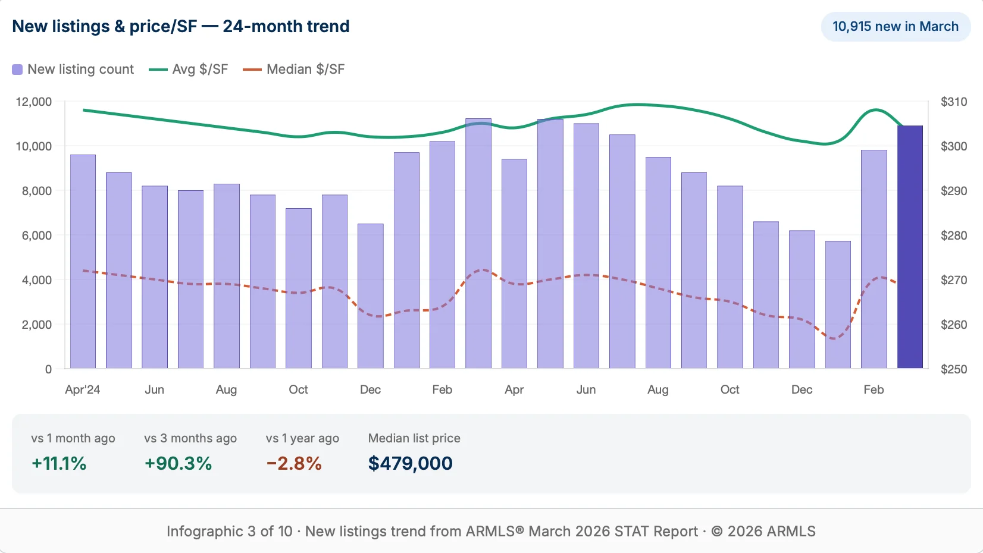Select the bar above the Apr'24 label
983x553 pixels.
83,262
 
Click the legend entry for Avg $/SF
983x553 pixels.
189,69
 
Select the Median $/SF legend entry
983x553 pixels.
294,69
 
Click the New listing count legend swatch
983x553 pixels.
18,70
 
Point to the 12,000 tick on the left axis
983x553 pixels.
34,102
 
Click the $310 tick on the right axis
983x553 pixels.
953,102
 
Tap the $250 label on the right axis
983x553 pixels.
953,369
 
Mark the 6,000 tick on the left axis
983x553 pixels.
37,235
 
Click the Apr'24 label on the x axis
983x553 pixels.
82,389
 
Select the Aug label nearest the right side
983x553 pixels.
658,389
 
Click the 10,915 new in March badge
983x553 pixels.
895,27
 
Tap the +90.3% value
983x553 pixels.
179,463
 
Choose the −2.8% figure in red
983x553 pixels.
294,463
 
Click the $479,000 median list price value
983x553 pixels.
410,463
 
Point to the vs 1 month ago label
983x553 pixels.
73,438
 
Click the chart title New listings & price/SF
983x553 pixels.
181,27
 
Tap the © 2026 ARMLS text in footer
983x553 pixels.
763,531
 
